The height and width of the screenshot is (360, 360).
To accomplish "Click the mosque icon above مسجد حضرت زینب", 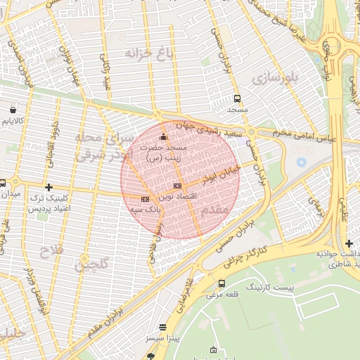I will (x=164, y=136).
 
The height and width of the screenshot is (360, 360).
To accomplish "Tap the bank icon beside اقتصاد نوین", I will (x=176, y=186).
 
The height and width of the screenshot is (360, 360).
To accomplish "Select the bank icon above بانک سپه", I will (x=146, y=199).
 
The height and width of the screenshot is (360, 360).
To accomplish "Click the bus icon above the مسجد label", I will (x=237, y=99).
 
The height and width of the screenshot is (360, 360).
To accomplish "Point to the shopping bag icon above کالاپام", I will (x=13, y=110).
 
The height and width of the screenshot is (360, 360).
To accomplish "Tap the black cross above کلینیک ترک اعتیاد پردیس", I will (x=48, y=187).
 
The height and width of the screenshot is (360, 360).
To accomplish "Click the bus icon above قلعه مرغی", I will (x=222, y=283).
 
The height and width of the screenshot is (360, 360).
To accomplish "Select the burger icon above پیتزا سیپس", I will (x=163, y=328).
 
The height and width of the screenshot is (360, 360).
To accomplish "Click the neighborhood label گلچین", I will (x=90, y=266).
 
